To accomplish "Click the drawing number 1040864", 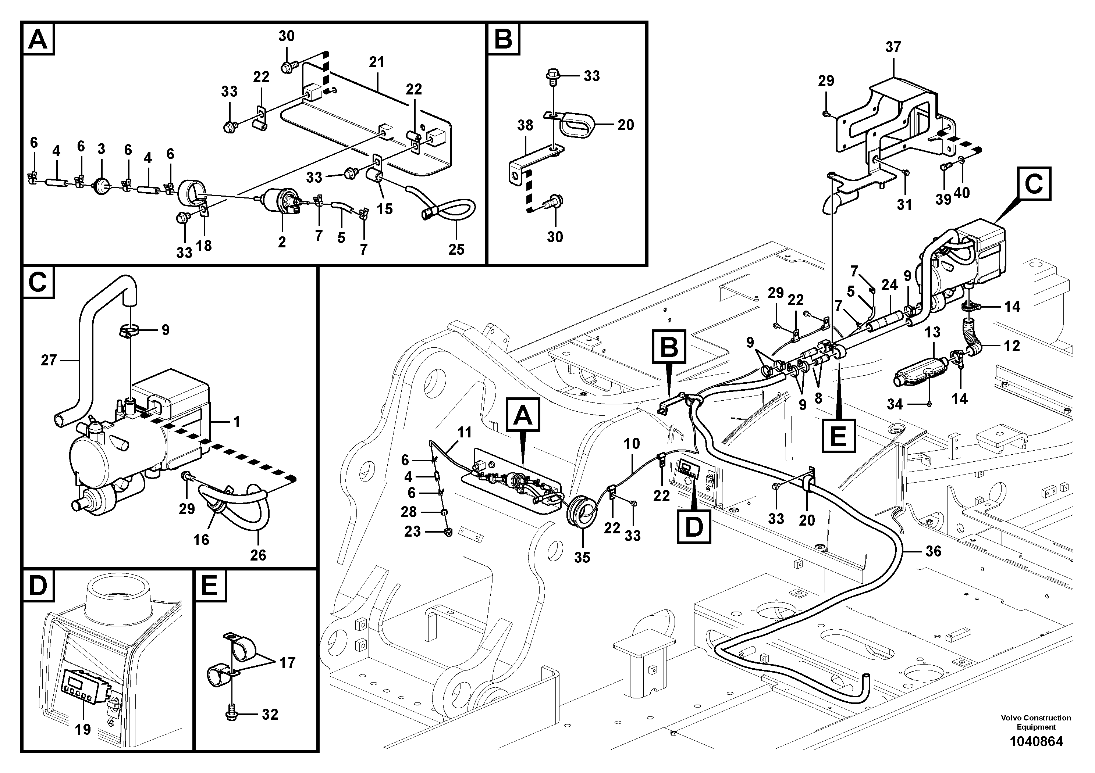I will click(1036, 741).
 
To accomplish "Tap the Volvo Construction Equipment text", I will click(1036, 722).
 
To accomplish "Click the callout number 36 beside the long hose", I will click(933, 551).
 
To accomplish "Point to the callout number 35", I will click(582, 557).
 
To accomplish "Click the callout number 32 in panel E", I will click(270, 715).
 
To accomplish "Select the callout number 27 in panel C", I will click(49, 360).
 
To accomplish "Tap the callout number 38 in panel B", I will click(525, 125).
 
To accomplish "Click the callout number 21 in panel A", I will click(376, 62).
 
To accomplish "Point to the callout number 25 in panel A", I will click(456, 249).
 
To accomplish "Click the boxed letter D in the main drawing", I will click(694, 527).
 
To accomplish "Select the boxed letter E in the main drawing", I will click(838, 436).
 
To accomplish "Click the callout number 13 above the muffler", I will click(932, 332).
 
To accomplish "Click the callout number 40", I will click(961, 193).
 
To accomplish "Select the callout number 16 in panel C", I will click(201, 540).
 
